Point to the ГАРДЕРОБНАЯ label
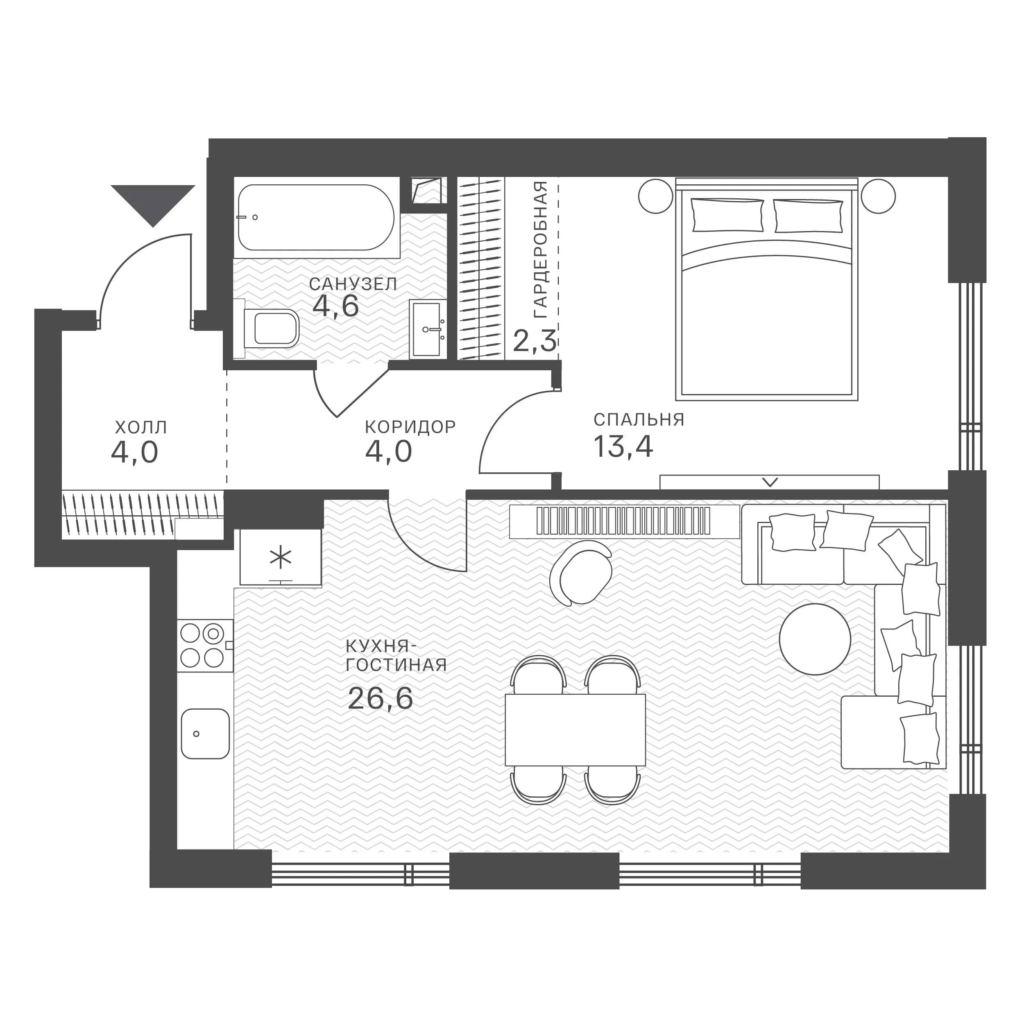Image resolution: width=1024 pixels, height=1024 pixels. click(x=540, y=249)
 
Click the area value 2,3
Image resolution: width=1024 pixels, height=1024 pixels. click(x=535, y=341)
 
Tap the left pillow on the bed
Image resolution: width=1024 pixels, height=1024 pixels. click(x=728, y=215)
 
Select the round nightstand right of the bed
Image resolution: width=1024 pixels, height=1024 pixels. click(x=878, y=196)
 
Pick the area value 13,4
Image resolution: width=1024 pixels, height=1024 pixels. click(x=623, y=446)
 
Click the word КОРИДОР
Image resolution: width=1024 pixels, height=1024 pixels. click(x=410, y=427)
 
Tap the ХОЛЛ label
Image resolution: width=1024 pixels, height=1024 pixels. click(x=141, y=427)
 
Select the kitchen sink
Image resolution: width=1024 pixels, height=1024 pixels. click(x=205, y=734)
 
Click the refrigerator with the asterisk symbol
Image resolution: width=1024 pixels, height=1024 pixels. click(x=281, y=557)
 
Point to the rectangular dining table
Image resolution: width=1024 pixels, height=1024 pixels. click(x=575, y=730)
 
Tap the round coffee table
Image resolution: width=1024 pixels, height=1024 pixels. click(x=815, y=639)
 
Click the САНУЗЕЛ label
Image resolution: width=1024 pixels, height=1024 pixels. click(x=353, y=284)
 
